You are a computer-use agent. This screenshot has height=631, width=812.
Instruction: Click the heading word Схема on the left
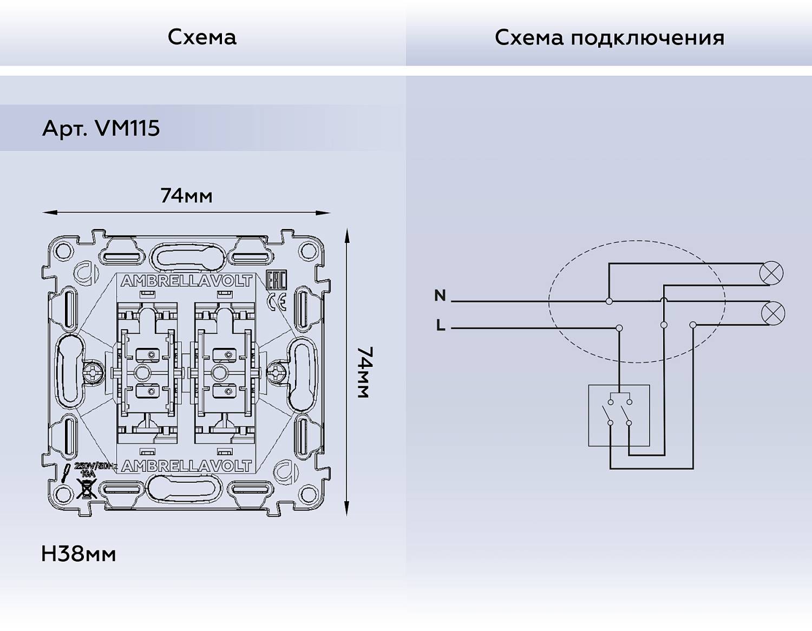coord(202,37)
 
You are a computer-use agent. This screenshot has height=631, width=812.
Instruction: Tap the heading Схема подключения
coord(609,38)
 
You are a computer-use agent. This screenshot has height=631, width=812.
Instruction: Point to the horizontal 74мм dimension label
coord(186,195)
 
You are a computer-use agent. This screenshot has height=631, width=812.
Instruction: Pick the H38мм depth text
coord(78,554)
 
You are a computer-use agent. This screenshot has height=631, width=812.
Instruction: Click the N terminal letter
coord(440,295)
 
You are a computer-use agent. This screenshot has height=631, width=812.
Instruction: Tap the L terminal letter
coord(441,326)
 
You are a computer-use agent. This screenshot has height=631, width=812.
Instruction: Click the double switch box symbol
coord(619,415)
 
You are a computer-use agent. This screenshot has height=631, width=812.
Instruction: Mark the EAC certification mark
coord(276,281)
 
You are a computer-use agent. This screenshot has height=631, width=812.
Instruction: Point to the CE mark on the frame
coord(277,302)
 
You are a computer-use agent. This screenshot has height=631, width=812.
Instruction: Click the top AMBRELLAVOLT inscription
coord(187,281)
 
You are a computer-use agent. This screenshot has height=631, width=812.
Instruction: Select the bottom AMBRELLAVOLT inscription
coord(187,466)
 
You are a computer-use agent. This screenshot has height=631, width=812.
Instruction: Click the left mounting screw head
coord(94,372)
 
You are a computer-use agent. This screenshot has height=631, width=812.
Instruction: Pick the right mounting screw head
coord(277,372)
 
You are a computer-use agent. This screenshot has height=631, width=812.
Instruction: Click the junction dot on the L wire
coord(619,328)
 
